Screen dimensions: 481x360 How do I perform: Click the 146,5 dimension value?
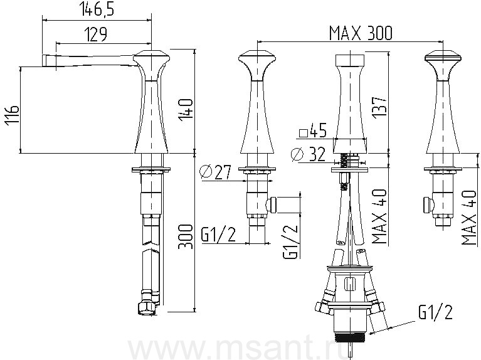(x=97, y=9)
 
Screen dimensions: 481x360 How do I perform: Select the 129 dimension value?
(x=95, y=34)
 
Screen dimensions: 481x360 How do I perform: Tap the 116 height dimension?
(x=13, y=115)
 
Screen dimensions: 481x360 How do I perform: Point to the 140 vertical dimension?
(x=186, y=110)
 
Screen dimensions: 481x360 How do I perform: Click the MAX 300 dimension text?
(x=361, y=33)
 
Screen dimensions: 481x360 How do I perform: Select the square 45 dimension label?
(x=312, y=131)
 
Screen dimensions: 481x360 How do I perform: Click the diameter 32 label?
(x=309, y=154)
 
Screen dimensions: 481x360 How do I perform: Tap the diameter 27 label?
(x=215, y=172)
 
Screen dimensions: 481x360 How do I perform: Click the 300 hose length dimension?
(x=186, y=236)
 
